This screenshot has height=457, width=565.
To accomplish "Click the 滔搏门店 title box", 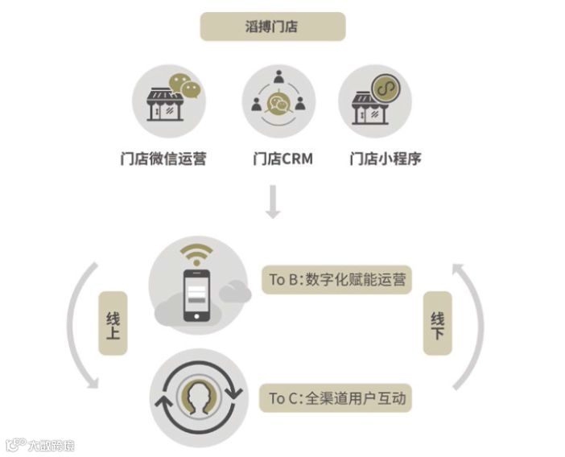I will point(273,27).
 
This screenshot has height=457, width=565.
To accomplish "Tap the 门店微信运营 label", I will point(163,159).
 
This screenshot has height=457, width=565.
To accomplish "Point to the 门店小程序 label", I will point(386,159).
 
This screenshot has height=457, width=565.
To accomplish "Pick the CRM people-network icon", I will point(278,97).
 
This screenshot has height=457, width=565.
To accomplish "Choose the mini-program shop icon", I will point(376,101).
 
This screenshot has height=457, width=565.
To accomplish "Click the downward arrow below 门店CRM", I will point(273,202).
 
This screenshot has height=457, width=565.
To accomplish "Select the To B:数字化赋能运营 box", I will point(337,280).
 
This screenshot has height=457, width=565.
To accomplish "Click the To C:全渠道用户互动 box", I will point(337,397).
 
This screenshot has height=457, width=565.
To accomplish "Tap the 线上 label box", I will point(113,323).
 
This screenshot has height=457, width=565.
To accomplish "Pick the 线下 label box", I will point(438,323).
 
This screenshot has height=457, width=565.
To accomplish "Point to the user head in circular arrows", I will point(198,397).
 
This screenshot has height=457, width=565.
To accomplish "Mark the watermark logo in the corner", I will point(39,444).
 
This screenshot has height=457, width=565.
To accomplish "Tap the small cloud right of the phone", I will point(235,293).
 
